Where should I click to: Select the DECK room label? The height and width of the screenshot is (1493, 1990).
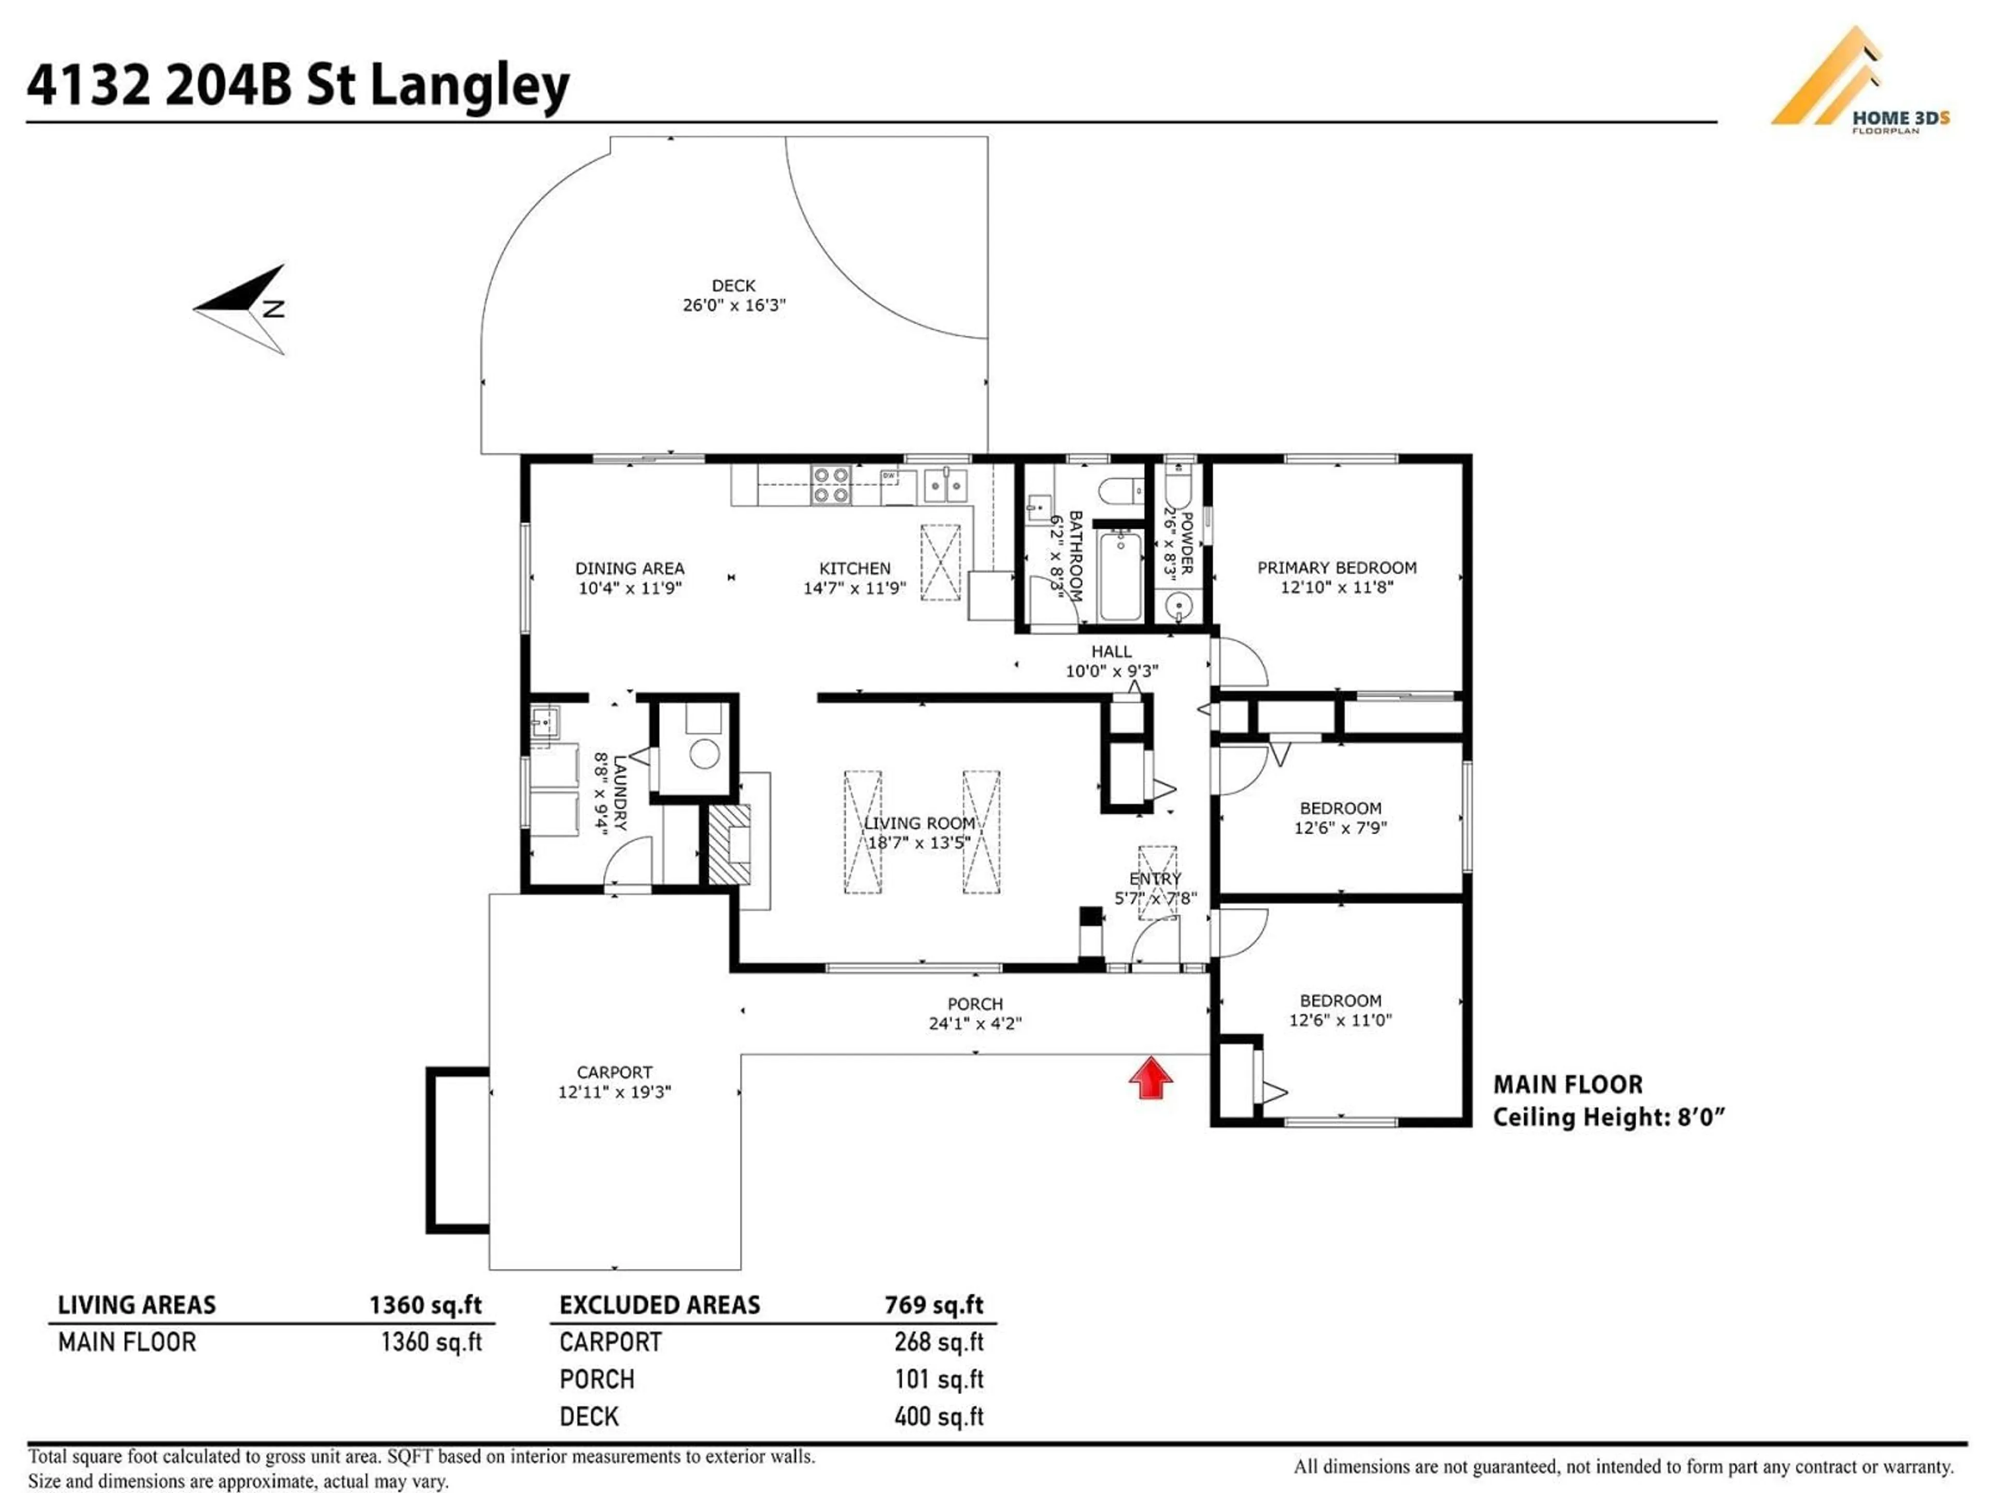[x=733, y=285]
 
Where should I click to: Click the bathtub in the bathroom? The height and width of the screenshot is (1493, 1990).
[x=1120, y=576]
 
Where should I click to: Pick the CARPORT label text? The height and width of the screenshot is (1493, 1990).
[x=615, y=1073]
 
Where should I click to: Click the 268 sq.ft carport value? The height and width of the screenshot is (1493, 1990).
[x=939, y=1342]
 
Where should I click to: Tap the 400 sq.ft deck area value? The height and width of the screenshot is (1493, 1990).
[x=939, y=1416]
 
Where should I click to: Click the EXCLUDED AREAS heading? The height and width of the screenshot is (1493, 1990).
[x=659, y=1305]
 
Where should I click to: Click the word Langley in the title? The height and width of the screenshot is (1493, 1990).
[x=470, y=86]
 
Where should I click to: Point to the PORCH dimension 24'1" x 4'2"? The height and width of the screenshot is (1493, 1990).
[x=975, y=1023]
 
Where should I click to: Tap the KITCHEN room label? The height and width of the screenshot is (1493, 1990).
[x=855, y=568]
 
